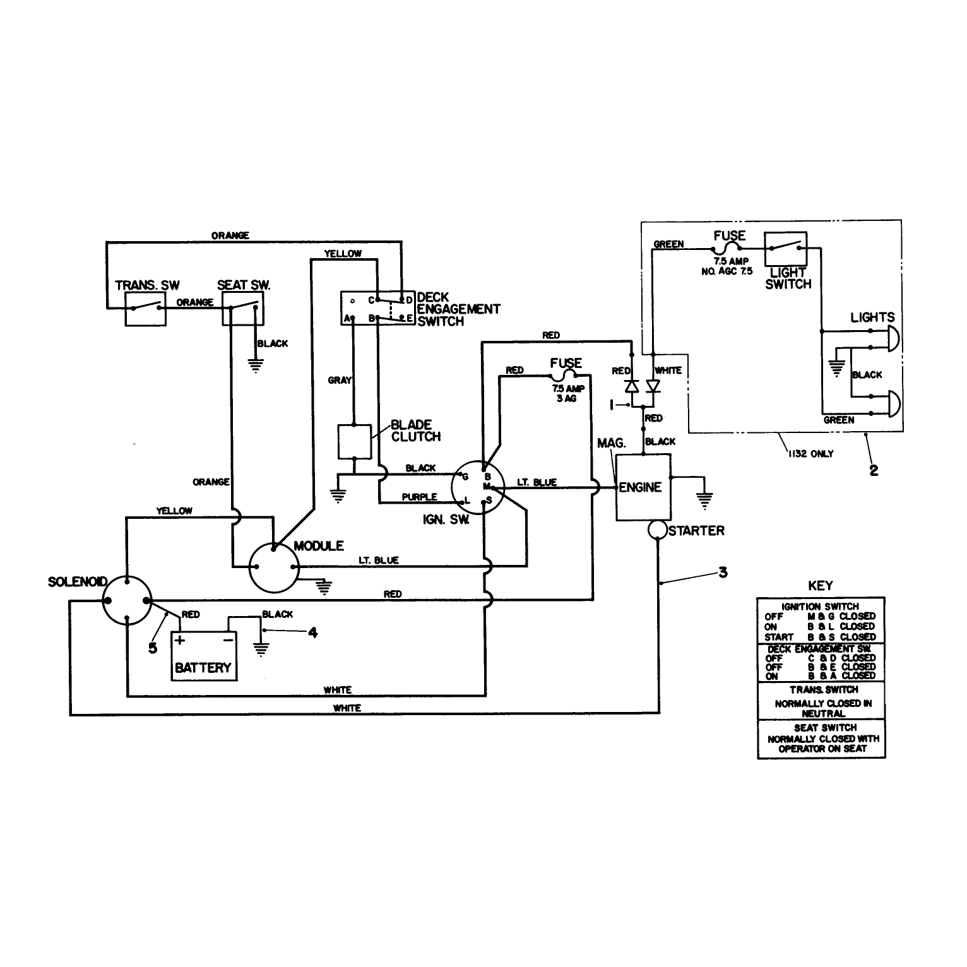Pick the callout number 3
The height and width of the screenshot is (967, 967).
(x=723, y=572)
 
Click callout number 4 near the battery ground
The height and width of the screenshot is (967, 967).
(x=312, y=632)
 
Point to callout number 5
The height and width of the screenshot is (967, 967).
(x=153, y=648)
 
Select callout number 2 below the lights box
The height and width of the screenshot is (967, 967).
(x=874, y=470)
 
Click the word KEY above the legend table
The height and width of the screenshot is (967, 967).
(x=821, y=586)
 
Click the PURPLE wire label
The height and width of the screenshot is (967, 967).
(x=419, y=497)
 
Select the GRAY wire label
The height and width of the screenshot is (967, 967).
(x=340, y=381)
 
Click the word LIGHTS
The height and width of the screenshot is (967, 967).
(x=872, y=317)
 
